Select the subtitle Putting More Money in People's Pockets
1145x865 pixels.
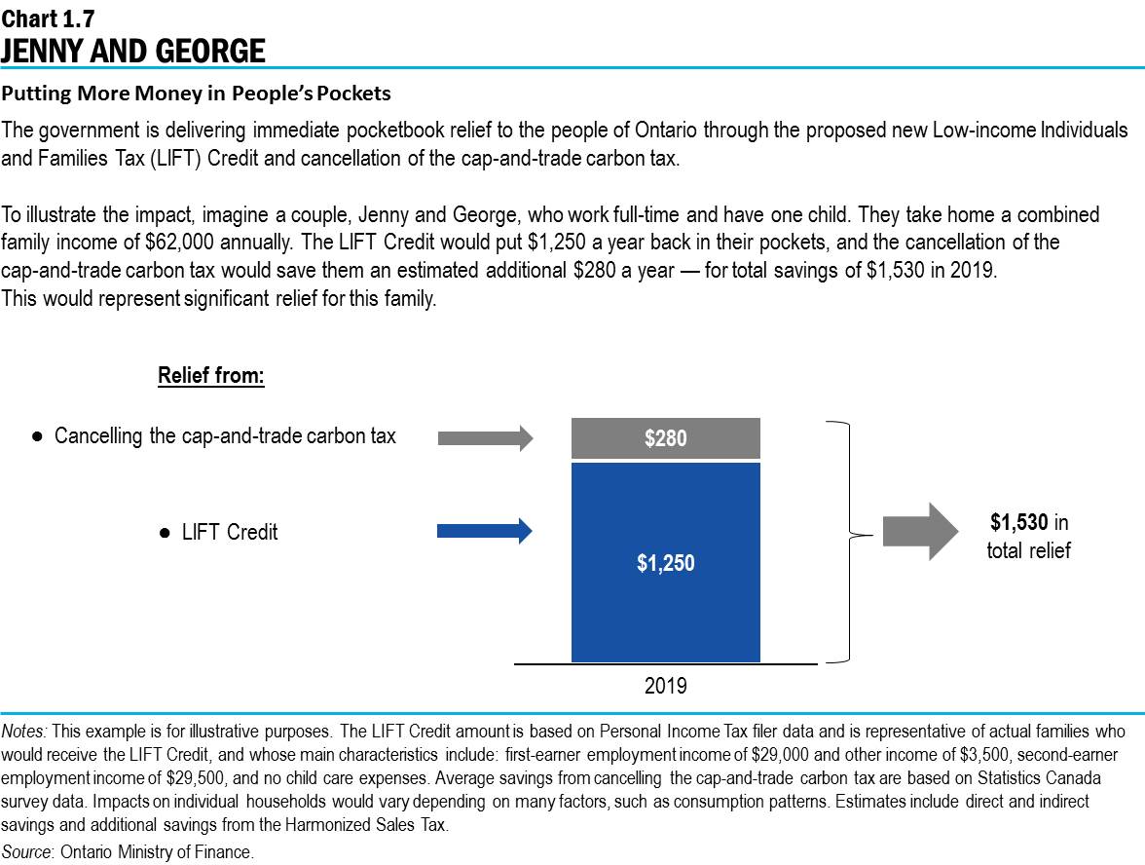196,94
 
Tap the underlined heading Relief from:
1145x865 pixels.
211,376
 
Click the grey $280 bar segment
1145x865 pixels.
665,438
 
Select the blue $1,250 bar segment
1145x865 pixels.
665,562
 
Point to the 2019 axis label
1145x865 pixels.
665,687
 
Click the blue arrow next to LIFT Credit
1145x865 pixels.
485,531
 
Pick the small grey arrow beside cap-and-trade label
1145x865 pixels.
485,438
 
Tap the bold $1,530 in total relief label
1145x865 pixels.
1028,537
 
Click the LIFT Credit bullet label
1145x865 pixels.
230,533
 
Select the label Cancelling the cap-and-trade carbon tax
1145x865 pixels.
225,436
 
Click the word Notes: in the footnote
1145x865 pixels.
25,731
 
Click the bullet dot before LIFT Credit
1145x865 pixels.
165,533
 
